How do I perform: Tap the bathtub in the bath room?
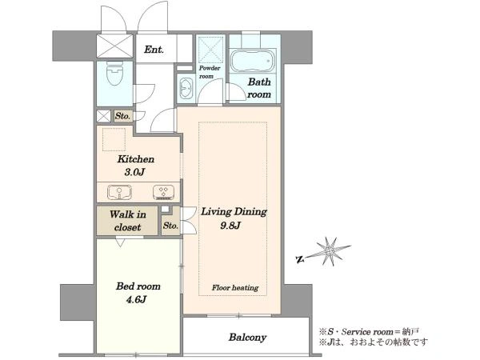click(253, 61)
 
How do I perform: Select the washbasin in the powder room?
click(186, 88)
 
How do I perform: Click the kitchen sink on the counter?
click(119, 192)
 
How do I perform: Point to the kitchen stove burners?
click(163, 193)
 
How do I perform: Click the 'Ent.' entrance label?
click(154, 50)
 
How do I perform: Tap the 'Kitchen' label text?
click(136, 159)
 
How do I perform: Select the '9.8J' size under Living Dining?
click(230, 226)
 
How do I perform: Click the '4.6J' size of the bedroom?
click(136, 299)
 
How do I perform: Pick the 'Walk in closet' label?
click(128, 221)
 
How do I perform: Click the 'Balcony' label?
click(247, 338)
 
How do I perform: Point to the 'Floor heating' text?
click(235, 288)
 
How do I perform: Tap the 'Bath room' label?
click(259, 88)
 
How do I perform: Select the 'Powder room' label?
click(210, 72)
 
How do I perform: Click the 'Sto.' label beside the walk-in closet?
click(170, 226)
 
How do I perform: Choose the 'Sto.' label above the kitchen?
click(122, 116)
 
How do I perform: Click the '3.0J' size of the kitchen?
click(134, 172)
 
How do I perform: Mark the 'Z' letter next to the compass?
click(300, 260)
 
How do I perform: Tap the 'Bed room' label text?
click(138, 286)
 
